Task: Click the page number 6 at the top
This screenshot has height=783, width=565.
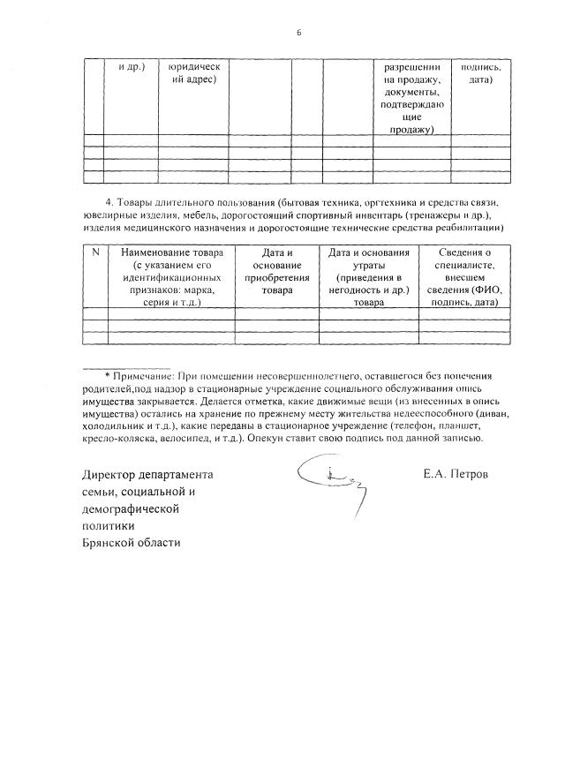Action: (299, 33)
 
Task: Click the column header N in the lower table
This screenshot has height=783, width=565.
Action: (94, 253)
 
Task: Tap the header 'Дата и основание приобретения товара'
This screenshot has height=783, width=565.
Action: (277, 277)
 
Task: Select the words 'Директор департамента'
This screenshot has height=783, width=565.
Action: (147, 474)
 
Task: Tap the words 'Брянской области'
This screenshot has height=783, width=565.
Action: (131, 541)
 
